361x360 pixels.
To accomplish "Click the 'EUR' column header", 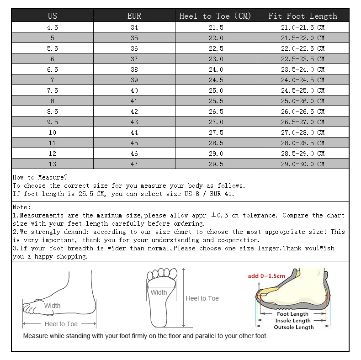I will [x=134, y=16].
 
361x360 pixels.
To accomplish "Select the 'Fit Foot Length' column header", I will [x=303, y=16].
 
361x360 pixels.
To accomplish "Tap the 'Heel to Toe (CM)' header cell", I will [x=216, y=16].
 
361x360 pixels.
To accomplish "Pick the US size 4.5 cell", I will [x=53, y=27].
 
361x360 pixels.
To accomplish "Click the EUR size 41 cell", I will [x=134, y=101].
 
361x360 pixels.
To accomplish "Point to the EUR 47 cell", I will [x=134, y=164].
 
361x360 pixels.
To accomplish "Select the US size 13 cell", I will [x=53, y=164].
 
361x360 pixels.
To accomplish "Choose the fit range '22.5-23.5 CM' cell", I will [x=303, y=59].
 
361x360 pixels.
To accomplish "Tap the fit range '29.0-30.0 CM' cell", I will [x=303, y=164].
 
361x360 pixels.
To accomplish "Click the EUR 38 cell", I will [x=134, y=69].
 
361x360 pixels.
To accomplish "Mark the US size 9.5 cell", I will [x=53, y=122].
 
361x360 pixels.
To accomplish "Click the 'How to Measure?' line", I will [x=40, y=177].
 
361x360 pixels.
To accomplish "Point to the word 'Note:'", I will [x=22, y=207].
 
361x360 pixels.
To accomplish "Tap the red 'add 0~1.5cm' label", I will [x=266, y=276].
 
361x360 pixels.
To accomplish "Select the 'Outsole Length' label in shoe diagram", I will [x=293, y=327].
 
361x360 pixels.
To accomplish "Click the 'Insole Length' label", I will [x=293, y=321].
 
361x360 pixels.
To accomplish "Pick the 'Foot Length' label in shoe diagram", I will [x=293, y=314].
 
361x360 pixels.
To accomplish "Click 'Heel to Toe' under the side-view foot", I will [x=61, y=324].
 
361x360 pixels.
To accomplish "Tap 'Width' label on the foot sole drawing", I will [x=159, y=292].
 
